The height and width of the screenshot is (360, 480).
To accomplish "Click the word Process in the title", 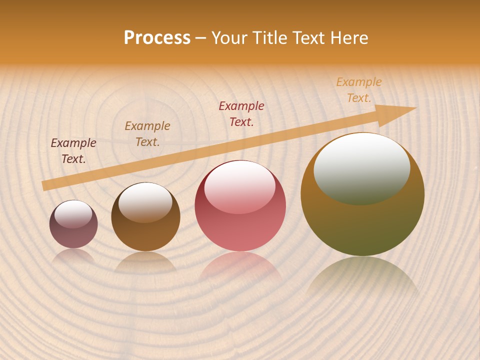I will tap(157, 38).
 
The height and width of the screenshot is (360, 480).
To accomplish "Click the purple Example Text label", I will tap(73, 151).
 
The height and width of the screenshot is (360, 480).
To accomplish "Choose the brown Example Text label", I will tap(147, 134).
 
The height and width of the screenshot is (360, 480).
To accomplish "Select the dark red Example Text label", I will tap(241, 114).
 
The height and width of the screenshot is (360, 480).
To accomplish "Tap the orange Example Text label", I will tap(359, 90).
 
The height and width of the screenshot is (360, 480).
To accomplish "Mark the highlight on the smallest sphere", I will tap(73, 214).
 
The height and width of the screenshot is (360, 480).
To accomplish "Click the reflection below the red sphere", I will tap(240, 267).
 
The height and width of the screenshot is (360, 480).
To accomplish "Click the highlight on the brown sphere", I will tap(145, 202).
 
